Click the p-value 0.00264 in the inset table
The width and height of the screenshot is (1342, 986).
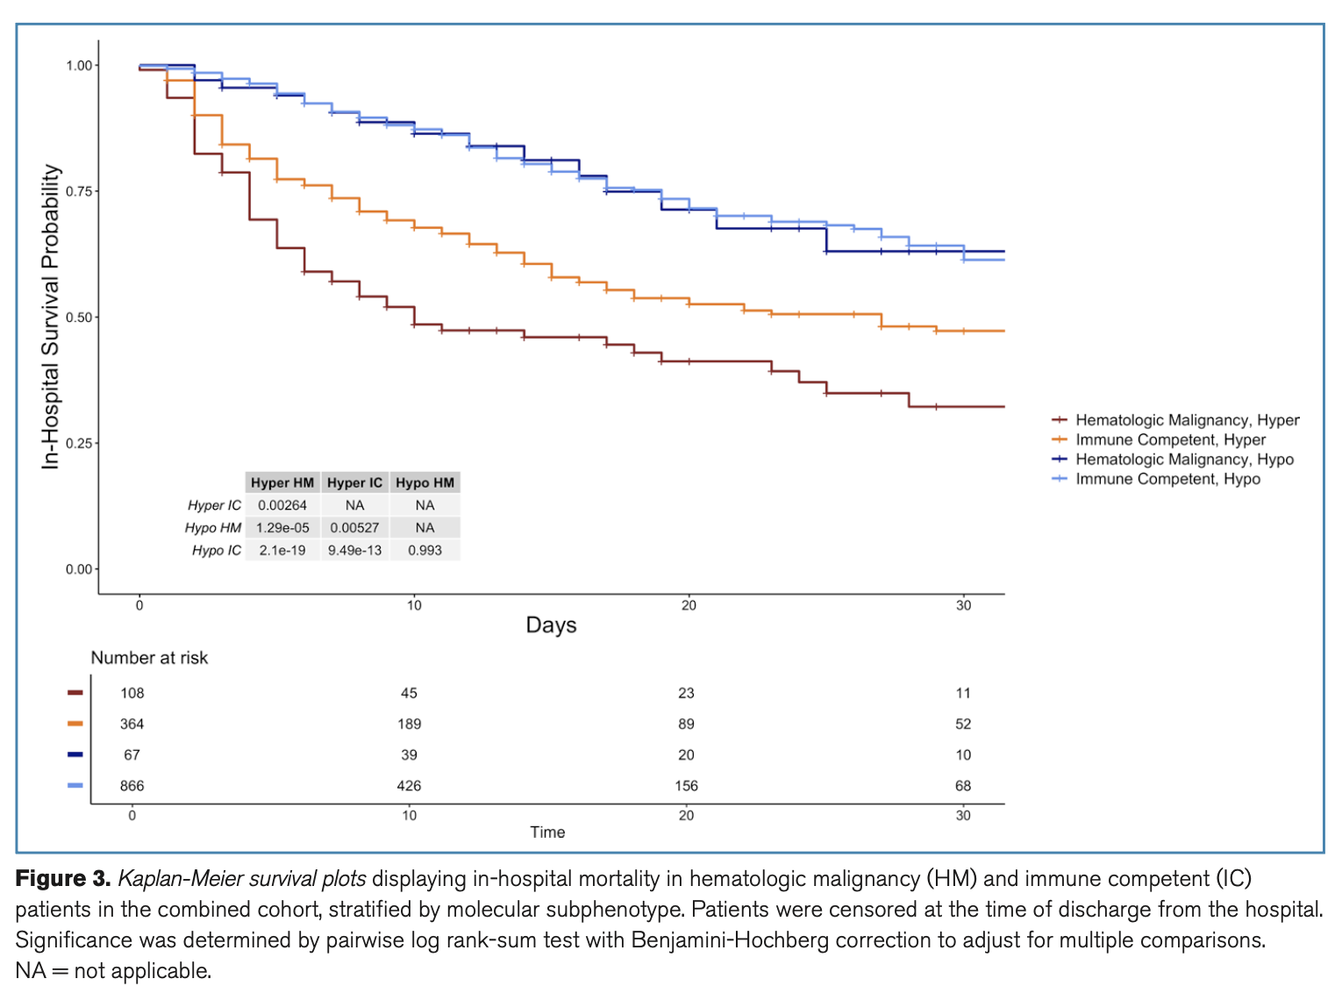282,505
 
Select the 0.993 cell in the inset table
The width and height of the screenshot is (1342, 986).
425,550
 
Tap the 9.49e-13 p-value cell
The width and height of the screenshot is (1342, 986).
354,550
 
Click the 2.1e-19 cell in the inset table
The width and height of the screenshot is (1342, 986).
282,550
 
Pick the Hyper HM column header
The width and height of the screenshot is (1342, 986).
282,482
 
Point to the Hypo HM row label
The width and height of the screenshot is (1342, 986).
212,527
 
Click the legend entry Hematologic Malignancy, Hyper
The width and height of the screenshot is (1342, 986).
1187,420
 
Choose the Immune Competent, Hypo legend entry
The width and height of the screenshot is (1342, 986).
1167,479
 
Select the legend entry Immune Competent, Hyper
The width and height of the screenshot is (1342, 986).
1170,439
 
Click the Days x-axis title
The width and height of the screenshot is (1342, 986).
551,625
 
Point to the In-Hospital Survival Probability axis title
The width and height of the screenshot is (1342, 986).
51,317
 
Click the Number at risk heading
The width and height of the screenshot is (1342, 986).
149,658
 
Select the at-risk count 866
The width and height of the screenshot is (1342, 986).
132,786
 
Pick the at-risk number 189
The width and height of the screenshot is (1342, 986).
409,724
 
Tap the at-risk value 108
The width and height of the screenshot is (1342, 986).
132,693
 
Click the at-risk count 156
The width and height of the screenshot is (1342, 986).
686,786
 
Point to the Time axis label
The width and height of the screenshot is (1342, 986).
547,832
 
